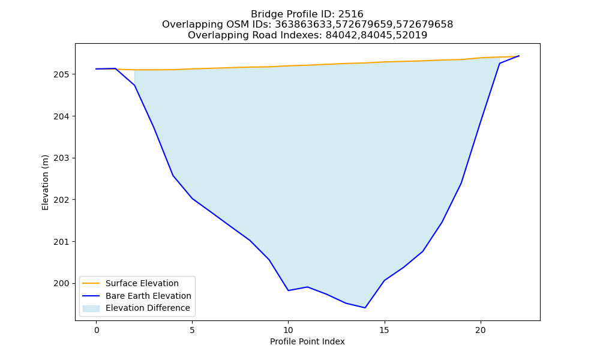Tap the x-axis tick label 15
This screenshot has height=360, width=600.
[x=384, y=330]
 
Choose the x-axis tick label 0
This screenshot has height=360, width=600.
[x=97, y=330]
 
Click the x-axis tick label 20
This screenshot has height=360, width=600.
[x=480, y=330]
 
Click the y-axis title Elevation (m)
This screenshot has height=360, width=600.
[x=45, y=182]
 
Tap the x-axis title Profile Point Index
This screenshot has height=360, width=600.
[x=307, y=341]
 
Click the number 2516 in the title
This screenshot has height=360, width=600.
[x=350, y=14]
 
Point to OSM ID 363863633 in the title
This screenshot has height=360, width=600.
[x=302, y=25]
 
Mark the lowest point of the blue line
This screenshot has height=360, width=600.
[x=365, y=308]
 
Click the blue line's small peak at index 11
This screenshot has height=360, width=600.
[x=307, y=287]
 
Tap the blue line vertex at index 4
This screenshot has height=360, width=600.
[x=173, y=176]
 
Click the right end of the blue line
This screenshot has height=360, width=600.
[x=519, y=56]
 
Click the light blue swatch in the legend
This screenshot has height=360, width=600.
[x=91, y=308]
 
